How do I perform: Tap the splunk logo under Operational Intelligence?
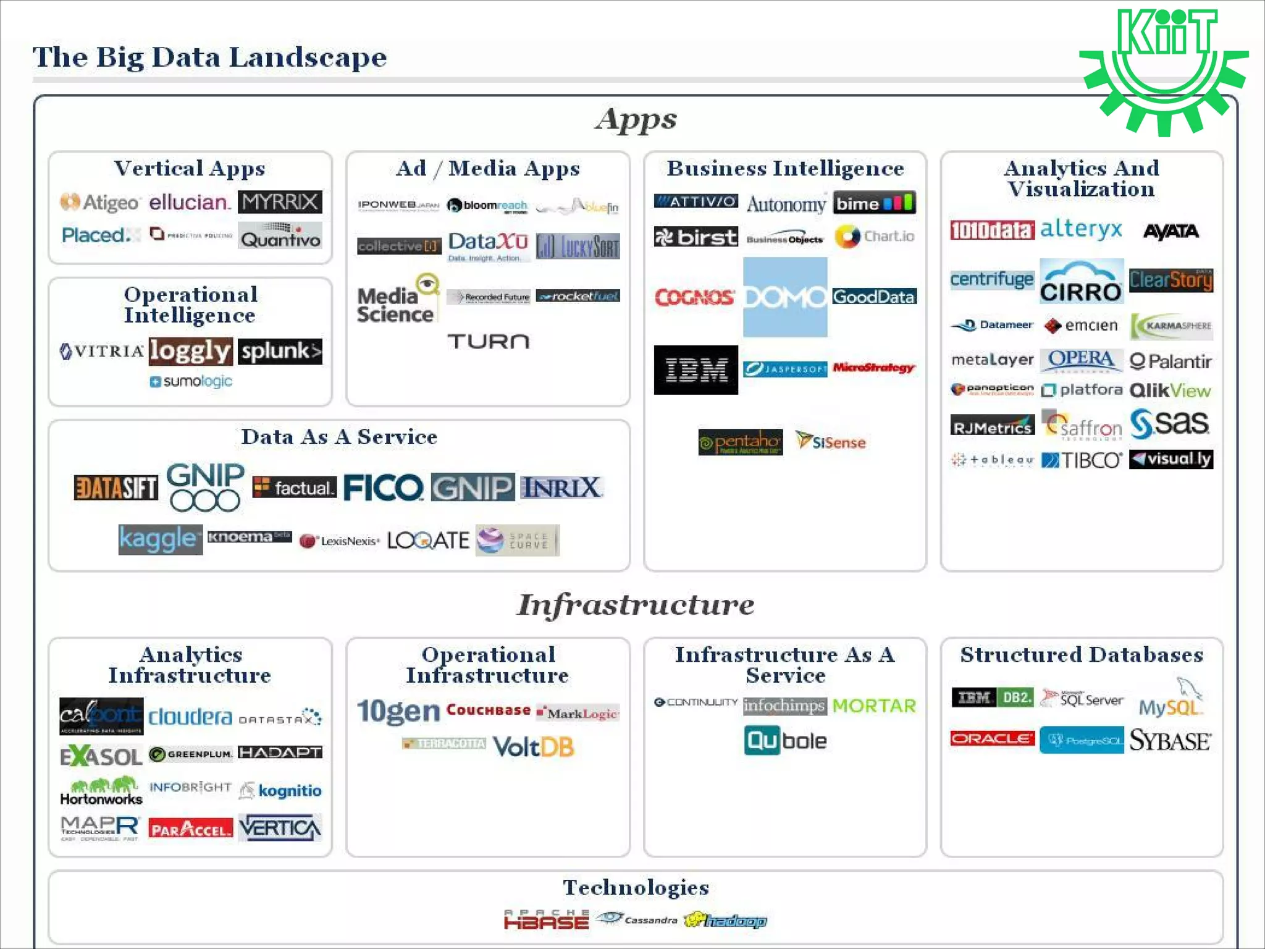(280, 351)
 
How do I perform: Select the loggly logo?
(190, 351)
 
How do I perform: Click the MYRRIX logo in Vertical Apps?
(280, 202)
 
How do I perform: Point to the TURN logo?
(488, 341)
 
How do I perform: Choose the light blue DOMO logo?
(784, 297)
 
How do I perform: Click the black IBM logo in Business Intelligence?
(696, 369)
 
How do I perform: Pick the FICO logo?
(383, 488)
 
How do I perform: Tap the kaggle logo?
(160, 539)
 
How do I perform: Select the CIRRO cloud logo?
(1081, 282)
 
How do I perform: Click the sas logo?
(1169, 424)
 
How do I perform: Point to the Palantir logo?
(1170, 361)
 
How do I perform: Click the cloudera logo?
(190, 717)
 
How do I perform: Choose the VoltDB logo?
(533, 747)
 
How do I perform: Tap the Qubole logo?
(785, 741)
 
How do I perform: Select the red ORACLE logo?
(992, 739)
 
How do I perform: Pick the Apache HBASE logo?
(546, 920)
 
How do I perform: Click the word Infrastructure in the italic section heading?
(636, 604)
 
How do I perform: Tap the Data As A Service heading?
(339, 437)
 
